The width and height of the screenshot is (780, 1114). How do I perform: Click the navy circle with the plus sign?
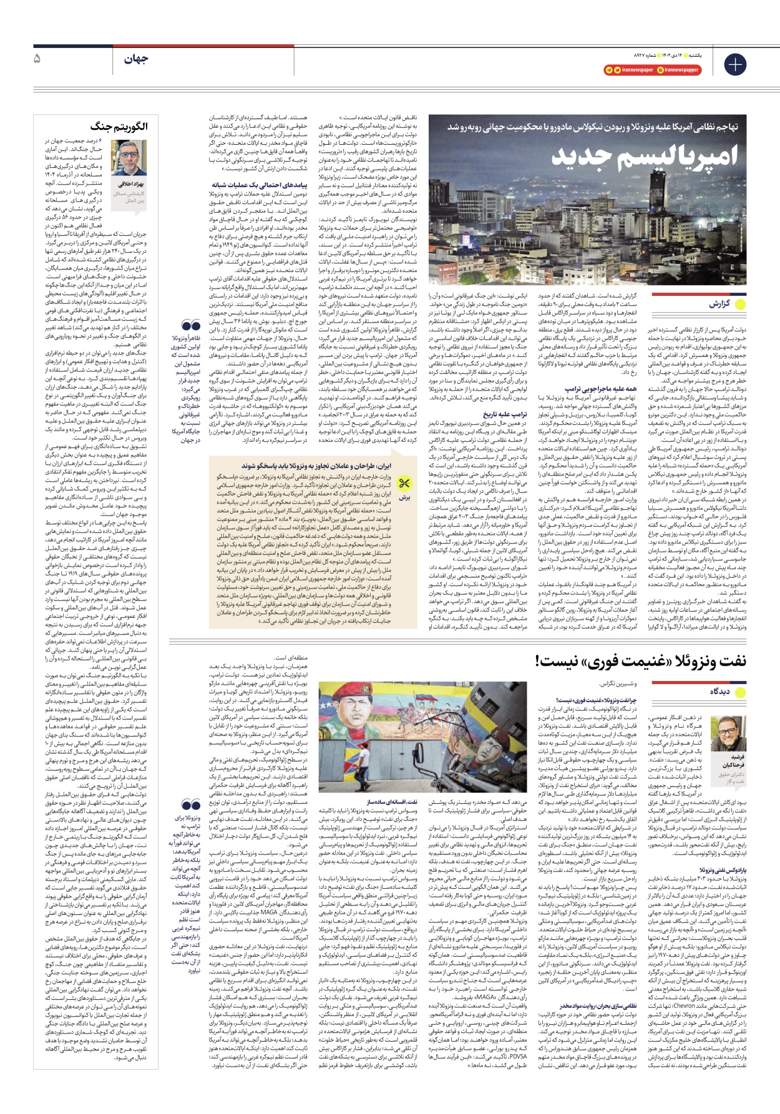pos(735,64)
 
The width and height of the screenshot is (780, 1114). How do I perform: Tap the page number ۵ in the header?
pos(37,59)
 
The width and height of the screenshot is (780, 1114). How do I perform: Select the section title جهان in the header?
pos(135,59)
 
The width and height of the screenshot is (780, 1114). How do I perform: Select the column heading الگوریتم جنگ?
pos(119,127)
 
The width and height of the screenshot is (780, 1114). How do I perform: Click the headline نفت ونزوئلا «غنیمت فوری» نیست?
pos(640,660)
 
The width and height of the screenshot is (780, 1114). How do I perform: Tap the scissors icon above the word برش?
pos(404,483)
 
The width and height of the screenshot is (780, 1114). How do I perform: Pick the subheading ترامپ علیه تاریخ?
pos(505,414)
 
